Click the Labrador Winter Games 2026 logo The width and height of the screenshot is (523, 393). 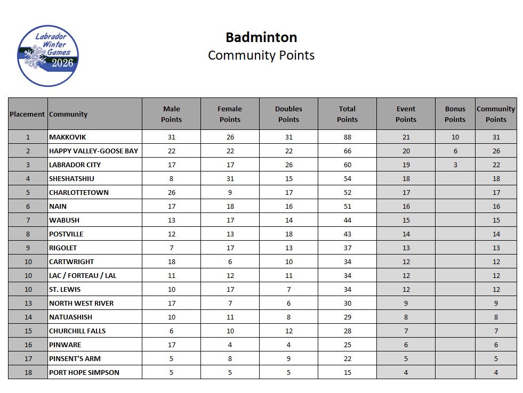[x=47, y=56]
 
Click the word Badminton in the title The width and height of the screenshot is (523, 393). [x=261, y=37]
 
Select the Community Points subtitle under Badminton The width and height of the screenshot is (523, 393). [x=261, y=55]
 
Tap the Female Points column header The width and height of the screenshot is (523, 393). [x=230, y=114]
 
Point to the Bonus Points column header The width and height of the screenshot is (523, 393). [x=455, y=114]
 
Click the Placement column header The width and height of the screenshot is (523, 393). [x=27, y=114]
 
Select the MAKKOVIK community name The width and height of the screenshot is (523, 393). [x=67, y=137]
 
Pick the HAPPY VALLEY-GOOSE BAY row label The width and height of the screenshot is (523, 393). [x=93, y=151]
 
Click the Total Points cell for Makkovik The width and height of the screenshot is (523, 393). [x=347, y=137]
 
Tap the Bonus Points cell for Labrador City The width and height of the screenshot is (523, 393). [x=455, y=165]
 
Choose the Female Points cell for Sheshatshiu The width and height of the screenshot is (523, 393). [x=230, y=178]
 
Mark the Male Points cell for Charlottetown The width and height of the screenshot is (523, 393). [x=171, y=192]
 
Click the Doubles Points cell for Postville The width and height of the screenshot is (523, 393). [x=288, y=234]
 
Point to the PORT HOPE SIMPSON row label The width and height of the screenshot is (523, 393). [x=84, y=372]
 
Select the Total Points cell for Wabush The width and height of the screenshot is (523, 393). [x=347, y=220]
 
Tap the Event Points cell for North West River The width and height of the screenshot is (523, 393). [x=406, y=303]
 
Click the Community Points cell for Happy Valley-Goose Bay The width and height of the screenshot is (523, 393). [x=496, y=151]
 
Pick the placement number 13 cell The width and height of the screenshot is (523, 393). [x=28, y=303]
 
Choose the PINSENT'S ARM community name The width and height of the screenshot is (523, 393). [x=75, y=358]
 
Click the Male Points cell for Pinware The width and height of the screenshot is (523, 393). [x=171, y=345]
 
